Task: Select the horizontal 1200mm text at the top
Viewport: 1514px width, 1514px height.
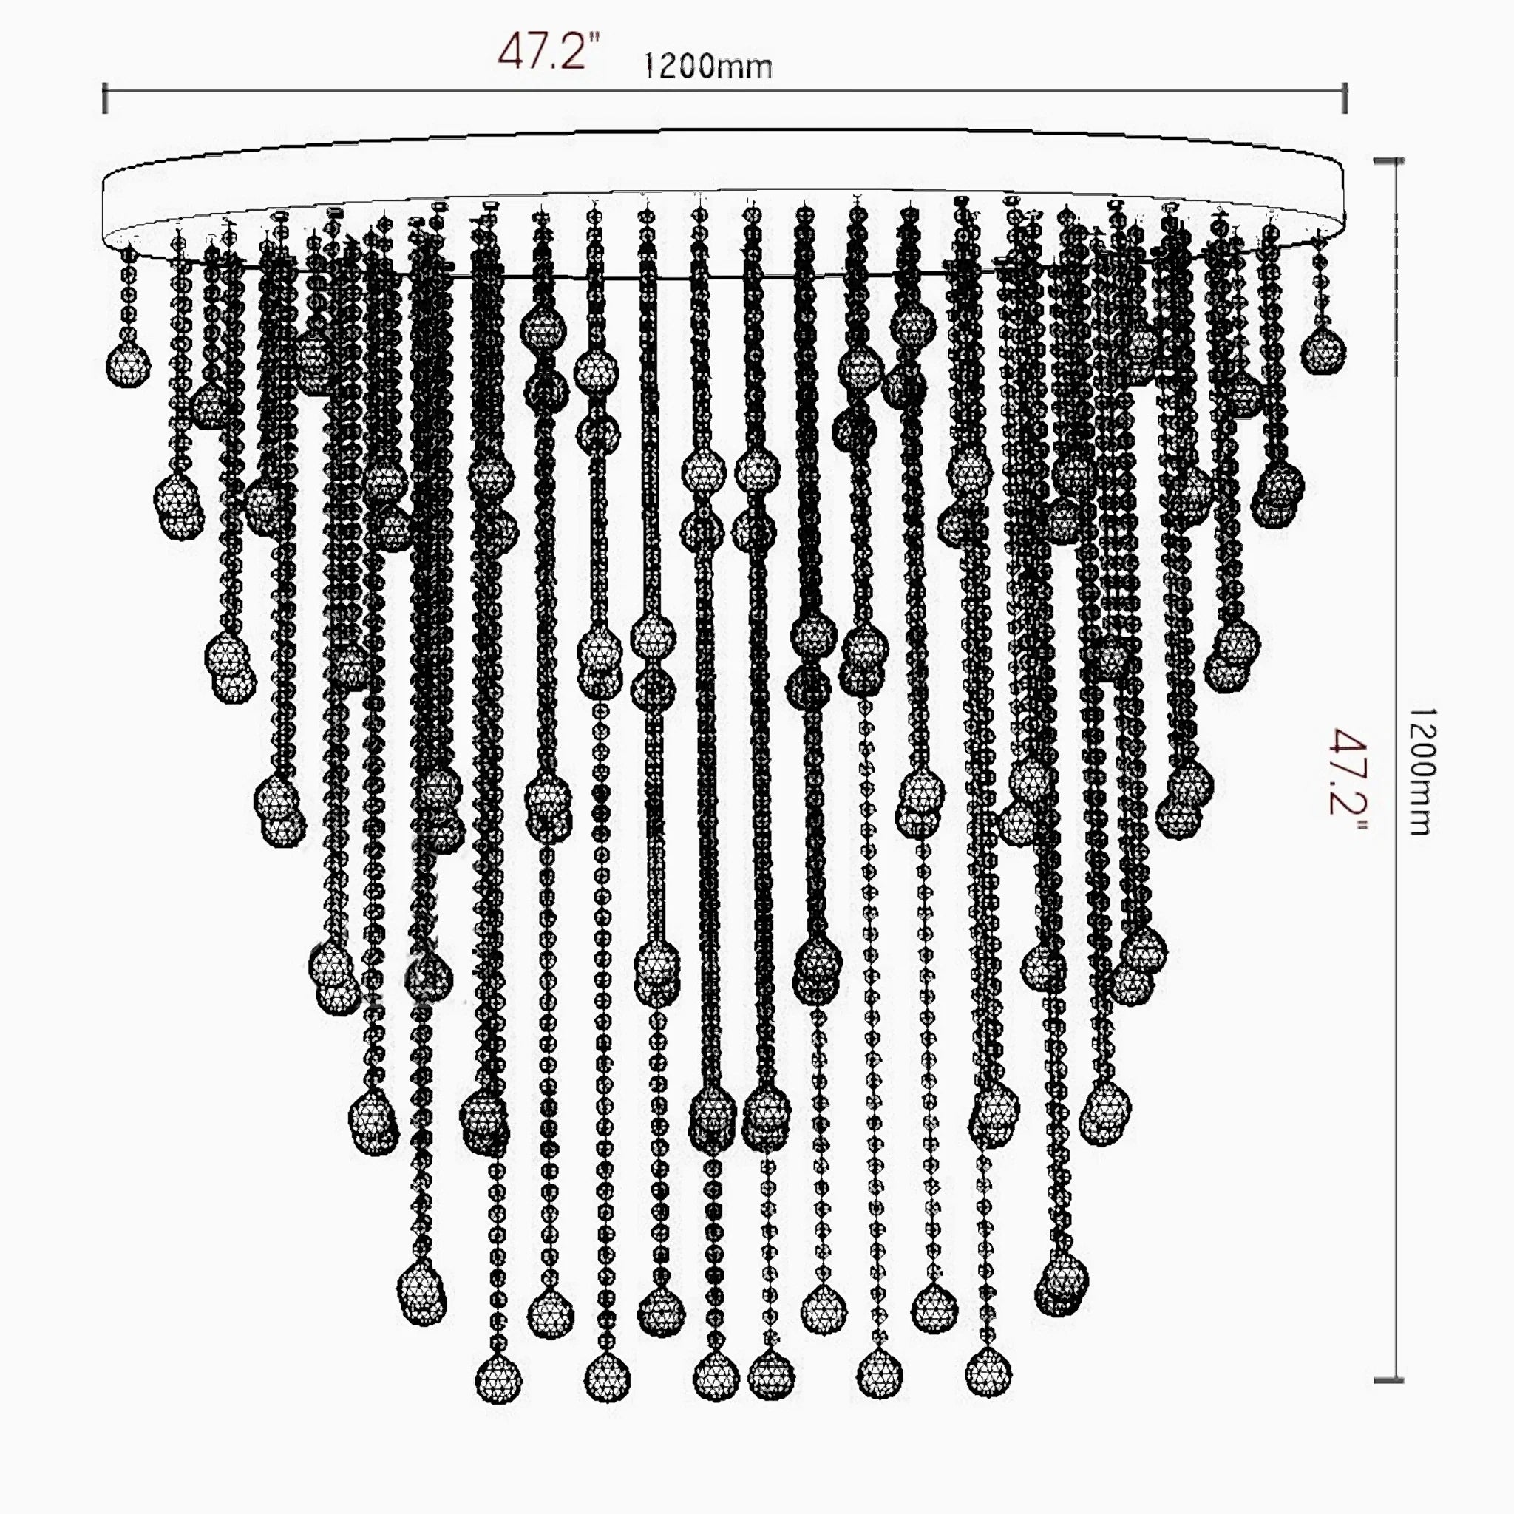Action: click(x=707, y=67)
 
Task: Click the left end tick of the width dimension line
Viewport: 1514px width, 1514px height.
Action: click(x=105, y=99)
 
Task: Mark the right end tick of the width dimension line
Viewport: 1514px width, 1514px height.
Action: click(x=1345, y=99)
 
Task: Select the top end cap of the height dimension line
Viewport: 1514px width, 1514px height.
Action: click(x=1388, y=161)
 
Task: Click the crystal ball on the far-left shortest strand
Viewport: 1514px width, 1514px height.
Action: click(x=128, y=364)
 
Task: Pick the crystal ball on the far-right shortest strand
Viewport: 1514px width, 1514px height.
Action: click(x=1323, y=351)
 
